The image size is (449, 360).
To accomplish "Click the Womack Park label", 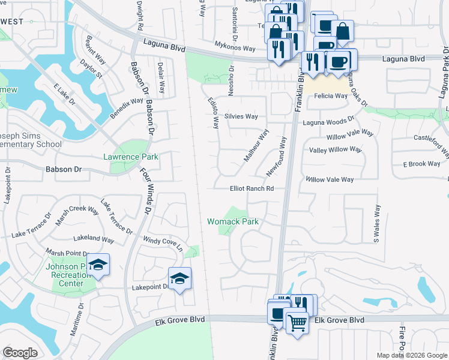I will [233, 221].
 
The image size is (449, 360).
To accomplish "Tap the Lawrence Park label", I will [130, 157].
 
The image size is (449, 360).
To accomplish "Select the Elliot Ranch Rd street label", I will [252, 188].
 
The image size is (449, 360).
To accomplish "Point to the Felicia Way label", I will [328, 96].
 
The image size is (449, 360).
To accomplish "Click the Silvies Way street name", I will [241, 116].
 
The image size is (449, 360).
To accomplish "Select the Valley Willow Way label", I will [335, 149].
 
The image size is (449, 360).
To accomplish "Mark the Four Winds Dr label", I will [145, 194].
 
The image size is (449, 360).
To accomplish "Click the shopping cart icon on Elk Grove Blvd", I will [297, 324].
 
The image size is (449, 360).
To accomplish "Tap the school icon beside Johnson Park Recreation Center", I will [98, 264].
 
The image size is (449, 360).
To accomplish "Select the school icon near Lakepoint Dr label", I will [179, 278].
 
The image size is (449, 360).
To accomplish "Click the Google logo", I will [20, 353].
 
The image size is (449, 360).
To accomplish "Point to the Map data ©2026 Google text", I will [411, 355].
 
